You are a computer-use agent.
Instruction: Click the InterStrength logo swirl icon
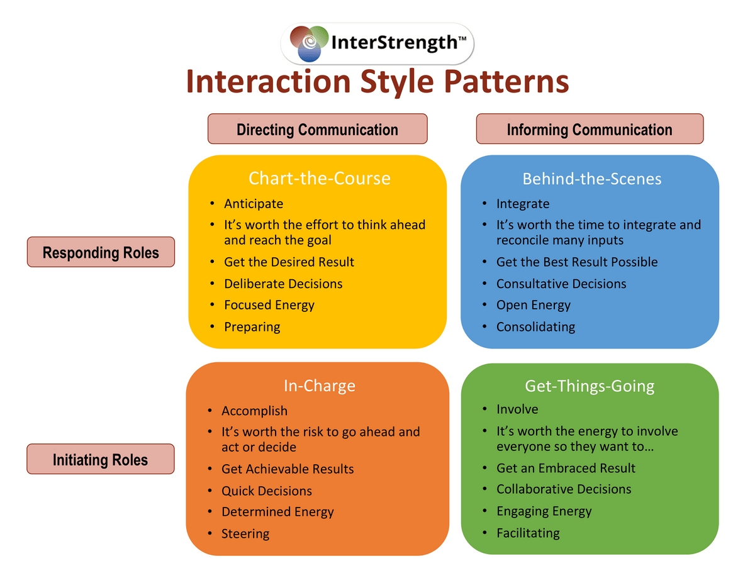click(x=309, y=43)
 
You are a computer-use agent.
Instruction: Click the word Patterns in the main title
click(x=506, y=82)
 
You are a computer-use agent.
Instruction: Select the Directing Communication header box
click(x=317, y=128)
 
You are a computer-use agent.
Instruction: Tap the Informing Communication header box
click(x=590, y=128)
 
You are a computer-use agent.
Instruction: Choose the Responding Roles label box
click(x=101, y=252)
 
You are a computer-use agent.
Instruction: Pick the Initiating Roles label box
click(x=101, y=458)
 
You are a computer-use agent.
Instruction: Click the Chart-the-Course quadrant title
click(x=320, y=178)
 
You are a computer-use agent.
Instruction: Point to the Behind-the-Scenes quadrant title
click(x=591, y=179)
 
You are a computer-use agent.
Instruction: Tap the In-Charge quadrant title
click(x=320, y=386)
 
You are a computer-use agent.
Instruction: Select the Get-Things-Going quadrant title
click(x=590, y=386)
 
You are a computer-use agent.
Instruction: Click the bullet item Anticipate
click(x=254, y=204)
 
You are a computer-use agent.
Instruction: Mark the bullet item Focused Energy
click(x=269, y=305)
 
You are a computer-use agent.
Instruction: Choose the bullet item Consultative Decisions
click(x=561, y=284)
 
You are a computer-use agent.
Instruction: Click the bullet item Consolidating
click(x=535, y=327)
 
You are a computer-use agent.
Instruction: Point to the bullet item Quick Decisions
click(x=267, y=491)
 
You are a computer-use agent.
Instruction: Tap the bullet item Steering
click(x=245, y=534)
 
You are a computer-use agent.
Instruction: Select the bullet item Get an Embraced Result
click(x=566, y=468)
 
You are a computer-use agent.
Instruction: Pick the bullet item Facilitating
click(x=528, y=533)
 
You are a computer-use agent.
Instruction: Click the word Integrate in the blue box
click(x=523, y=204)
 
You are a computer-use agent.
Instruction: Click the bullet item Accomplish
click(x=254, y=411)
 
